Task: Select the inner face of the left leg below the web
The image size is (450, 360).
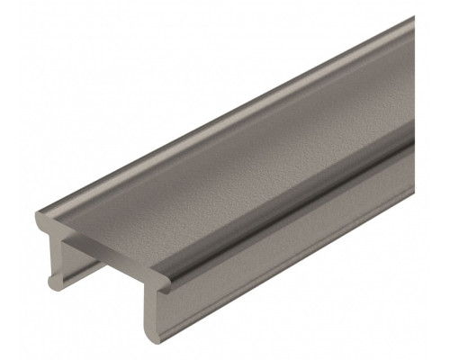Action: point(72,261)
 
